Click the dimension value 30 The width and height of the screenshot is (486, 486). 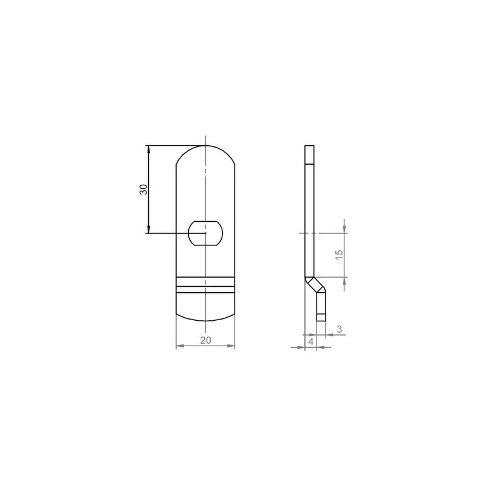143,190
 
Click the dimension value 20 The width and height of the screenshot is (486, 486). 205,340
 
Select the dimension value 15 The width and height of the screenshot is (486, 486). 340,255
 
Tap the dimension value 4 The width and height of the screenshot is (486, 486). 311,341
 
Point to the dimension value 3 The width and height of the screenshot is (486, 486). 340,329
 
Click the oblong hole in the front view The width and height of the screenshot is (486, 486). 205,233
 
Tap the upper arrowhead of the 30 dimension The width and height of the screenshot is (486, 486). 148,149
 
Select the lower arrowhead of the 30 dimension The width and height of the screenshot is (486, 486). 148,229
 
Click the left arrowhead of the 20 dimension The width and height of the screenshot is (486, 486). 180,346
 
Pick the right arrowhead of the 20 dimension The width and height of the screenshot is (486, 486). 231,346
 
